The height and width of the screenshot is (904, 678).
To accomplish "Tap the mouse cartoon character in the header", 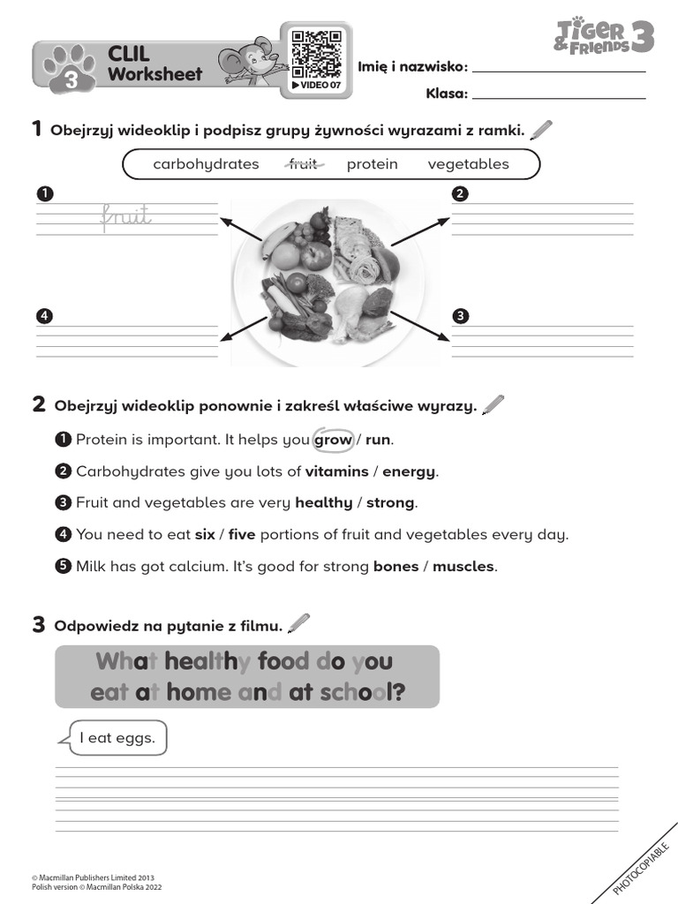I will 257,61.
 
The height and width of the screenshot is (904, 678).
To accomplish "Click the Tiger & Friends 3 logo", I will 604,38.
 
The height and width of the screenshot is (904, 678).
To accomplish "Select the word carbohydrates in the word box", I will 206,164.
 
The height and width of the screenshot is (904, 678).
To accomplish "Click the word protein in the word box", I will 372,164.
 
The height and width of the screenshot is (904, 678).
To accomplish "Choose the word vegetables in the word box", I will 468,164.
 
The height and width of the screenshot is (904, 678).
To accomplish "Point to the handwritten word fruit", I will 126,215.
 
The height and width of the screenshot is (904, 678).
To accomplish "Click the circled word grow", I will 333,440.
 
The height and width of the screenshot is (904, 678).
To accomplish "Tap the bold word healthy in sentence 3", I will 323,503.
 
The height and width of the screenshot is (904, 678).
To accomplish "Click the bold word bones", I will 395,567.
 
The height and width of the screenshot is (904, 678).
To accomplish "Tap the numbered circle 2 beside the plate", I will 459,193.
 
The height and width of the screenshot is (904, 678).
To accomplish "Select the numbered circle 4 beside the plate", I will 42,315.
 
